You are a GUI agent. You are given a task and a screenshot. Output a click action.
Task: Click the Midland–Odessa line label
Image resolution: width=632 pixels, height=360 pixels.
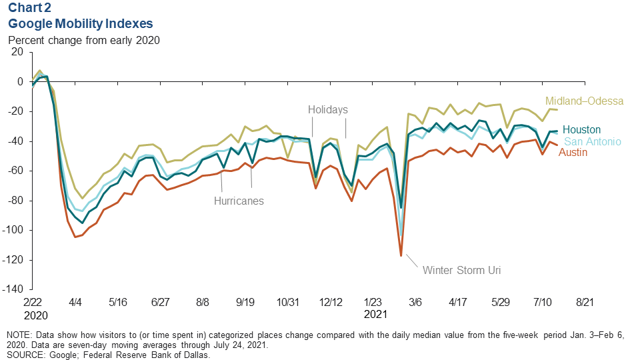[584, 101]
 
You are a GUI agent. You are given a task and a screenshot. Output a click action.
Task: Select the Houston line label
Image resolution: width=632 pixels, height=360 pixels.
[581, 130]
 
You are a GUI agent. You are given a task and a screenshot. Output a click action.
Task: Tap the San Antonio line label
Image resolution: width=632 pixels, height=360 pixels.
[593, 141]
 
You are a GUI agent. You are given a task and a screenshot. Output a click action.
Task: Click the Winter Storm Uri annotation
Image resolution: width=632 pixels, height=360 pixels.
[461, 271]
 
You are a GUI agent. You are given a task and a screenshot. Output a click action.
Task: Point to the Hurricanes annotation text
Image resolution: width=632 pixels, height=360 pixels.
[239, 200]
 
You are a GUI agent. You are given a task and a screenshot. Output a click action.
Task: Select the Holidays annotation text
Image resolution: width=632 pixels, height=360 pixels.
[328, 109]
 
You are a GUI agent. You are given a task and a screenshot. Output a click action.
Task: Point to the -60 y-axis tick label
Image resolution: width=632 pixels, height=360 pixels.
[15, 171]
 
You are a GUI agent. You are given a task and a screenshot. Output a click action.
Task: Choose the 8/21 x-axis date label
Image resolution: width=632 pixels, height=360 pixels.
[585, 302]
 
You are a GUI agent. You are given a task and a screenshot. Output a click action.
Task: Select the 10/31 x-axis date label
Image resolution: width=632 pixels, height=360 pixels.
[287, 302]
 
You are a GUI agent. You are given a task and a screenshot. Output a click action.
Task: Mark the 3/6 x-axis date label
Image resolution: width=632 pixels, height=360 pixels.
[415, 302]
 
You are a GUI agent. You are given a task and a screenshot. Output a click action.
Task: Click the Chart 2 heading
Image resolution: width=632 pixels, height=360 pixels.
[31, 9]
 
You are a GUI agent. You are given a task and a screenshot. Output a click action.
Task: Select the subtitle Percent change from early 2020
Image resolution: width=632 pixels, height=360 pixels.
[84, 39]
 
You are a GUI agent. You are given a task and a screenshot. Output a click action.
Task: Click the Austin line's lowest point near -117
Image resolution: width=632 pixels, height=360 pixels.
[401, 255]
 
